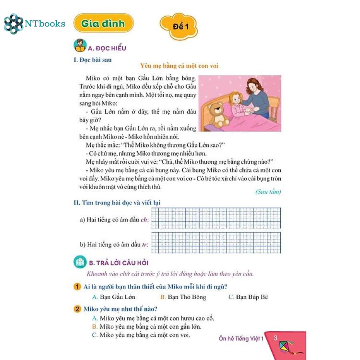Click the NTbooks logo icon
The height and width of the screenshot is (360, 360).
coord(13,24)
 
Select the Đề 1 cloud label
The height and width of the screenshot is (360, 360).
coord(179,27)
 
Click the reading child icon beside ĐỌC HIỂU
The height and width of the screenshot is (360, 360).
coord(80,46)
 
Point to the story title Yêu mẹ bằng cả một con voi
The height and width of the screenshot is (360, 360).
coord(179,66)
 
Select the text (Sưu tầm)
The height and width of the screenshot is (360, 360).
coord(268,192)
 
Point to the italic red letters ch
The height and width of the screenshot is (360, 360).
coord(144,220)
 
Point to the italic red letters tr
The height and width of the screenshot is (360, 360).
coord(145,244)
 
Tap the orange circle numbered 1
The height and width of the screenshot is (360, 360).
coord(78,287)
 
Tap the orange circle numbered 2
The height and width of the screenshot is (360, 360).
coord(78,309)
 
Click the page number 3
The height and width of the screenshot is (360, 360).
coord(275,338)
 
